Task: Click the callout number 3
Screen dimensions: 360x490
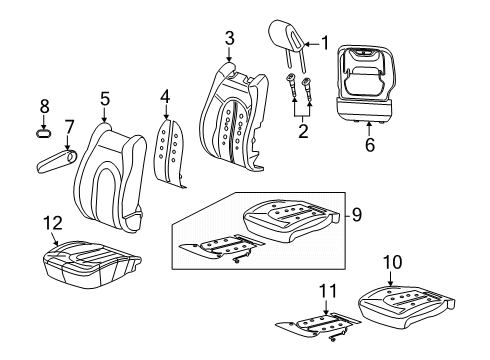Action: click(229, 39)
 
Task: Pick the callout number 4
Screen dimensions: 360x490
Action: click(166, 98)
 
